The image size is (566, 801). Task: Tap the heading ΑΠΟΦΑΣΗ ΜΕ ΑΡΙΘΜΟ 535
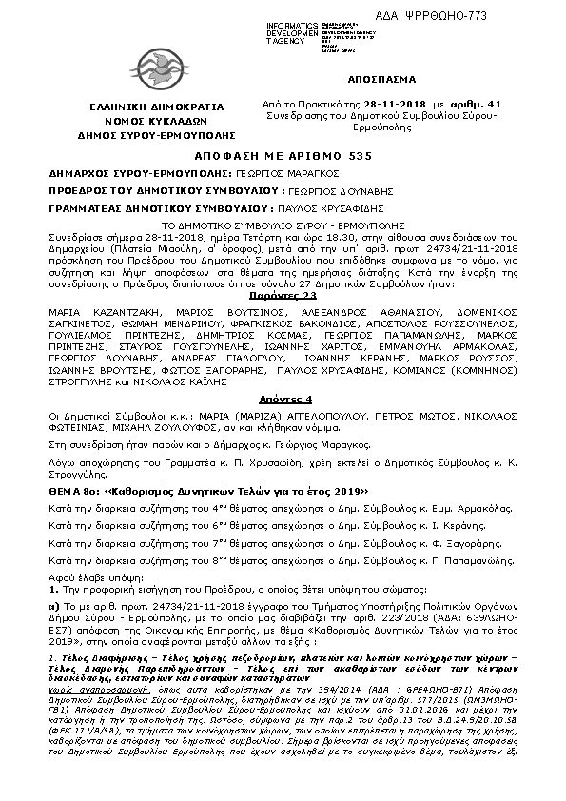[283, 154]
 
